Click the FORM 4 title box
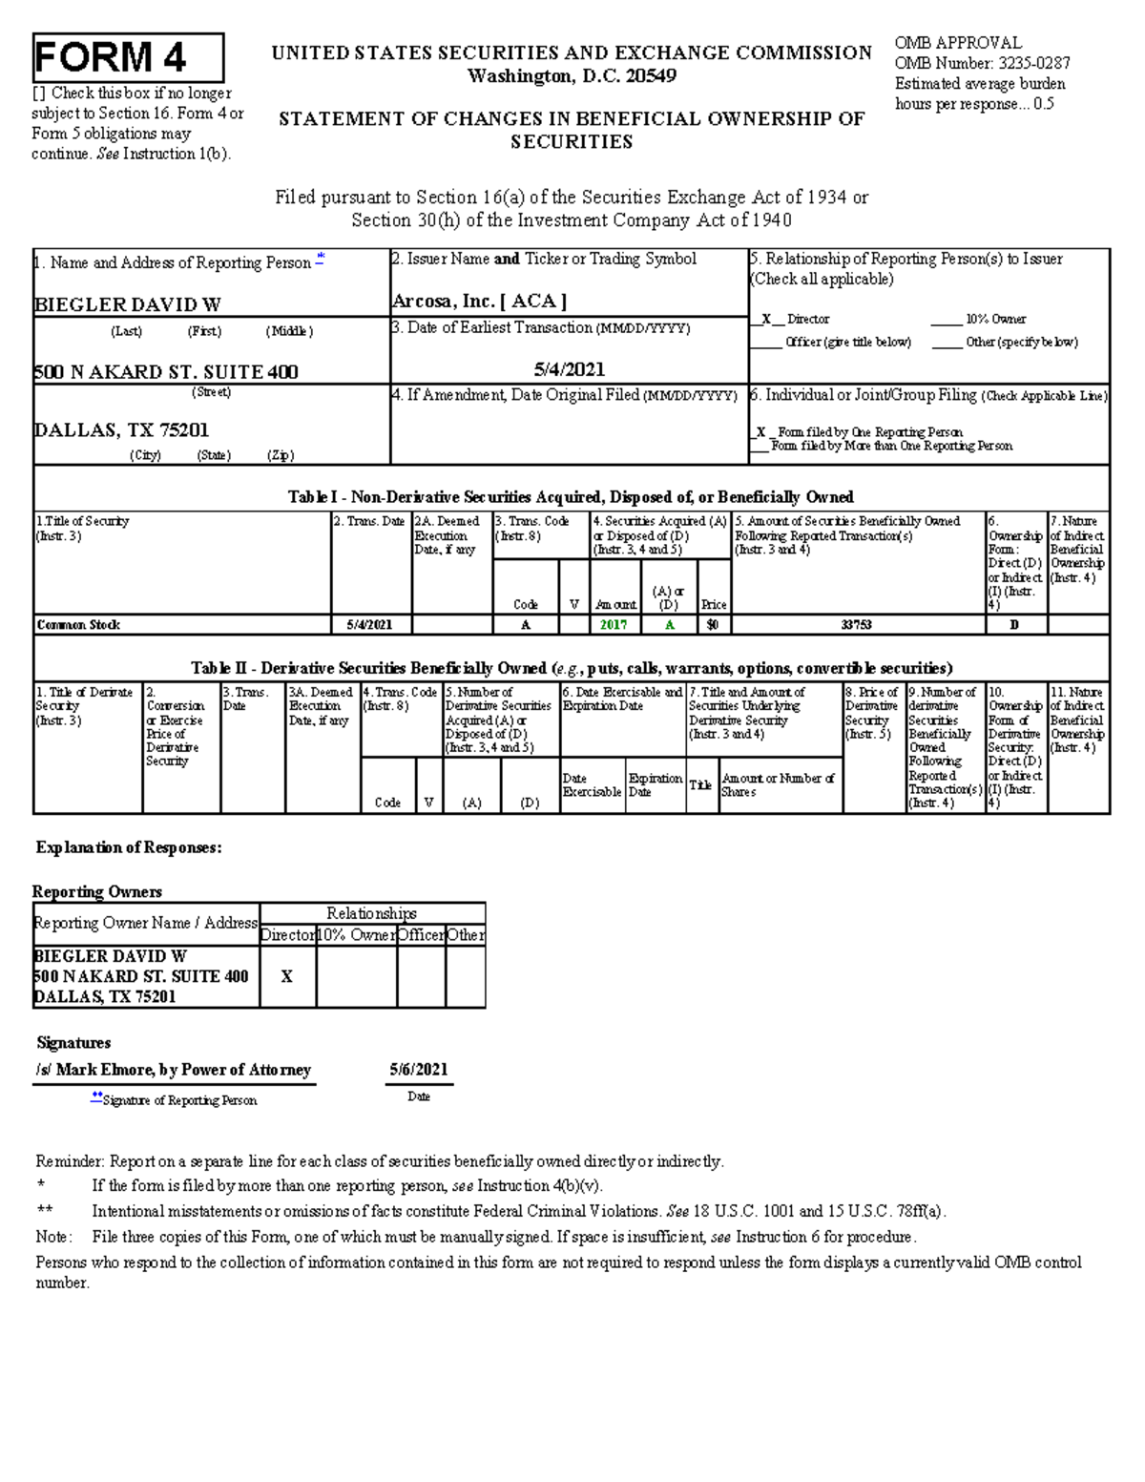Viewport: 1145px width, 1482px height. click(x=128, y=58)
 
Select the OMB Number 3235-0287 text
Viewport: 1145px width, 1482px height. click(x=982, y=63)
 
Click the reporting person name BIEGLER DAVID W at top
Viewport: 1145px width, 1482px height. click(x=127, y=304)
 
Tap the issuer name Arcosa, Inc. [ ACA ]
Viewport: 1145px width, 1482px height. click(x=479, y=302)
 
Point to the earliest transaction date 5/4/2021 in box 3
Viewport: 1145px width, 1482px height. click(x=569, y=369)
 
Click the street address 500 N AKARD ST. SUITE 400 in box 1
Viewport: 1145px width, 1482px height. click(x=166, y=372)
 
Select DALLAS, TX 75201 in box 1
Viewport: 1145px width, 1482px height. click(x=121, y=430)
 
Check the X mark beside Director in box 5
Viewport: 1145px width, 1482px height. click(x=766, y=320)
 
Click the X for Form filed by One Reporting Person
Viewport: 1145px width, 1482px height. click(x=760, y=432)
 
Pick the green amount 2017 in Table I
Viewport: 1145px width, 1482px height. click(x=614, y=625)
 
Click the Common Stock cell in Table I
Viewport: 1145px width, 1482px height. click(x=78, y=625)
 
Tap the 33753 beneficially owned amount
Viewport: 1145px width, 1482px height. click(x=856, y=625)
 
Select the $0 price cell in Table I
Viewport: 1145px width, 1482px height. click(x=713, y=625)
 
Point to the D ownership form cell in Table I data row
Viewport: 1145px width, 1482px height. click(x=1014, y=625)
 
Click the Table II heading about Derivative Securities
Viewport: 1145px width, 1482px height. click(x=571, y=668)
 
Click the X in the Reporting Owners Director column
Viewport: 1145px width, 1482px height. click(x=286, y=976)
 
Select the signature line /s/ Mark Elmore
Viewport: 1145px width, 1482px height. click(x=174, y=1070)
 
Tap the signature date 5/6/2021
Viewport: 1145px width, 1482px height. click(x=418, y=1070)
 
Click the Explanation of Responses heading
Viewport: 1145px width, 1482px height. click(x=129, y=847)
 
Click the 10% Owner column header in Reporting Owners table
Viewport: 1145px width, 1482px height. click(x=357, y=935)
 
